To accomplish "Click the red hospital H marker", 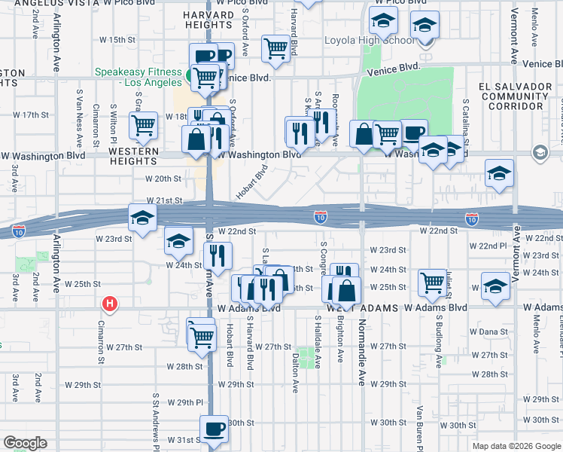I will [110, 304].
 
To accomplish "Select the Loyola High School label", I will [364, 41].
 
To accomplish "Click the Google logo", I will [25, 443].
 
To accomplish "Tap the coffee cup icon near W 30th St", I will [214, 429].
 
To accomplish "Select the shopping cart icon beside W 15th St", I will [276, 48].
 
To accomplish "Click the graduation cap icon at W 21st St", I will [142, 218].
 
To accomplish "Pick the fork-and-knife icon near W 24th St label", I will [216, 256].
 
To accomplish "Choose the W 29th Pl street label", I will [185, 403].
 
